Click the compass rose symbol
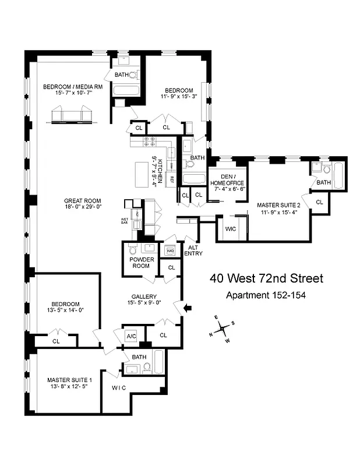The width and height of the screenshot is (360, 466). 223,329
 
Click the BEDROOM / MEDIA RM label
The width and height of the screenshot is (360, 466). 73,87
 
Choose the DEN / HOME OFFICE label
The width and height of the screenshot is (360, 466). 227,179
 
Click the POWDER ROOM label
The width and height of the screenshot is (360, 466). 139,262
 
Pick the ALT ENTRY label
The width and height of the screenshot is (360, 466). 193,249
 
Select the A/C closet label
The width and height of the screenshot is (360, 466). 131,336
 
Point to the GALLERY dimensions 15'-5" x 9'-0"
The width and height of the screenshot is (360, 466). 143,302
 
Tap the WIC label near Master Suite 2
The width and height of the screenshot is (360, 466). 230,229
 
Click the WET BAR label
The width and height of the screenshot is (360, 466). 125,221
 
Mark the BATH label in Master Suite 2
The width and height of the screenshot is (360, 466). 323,183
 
